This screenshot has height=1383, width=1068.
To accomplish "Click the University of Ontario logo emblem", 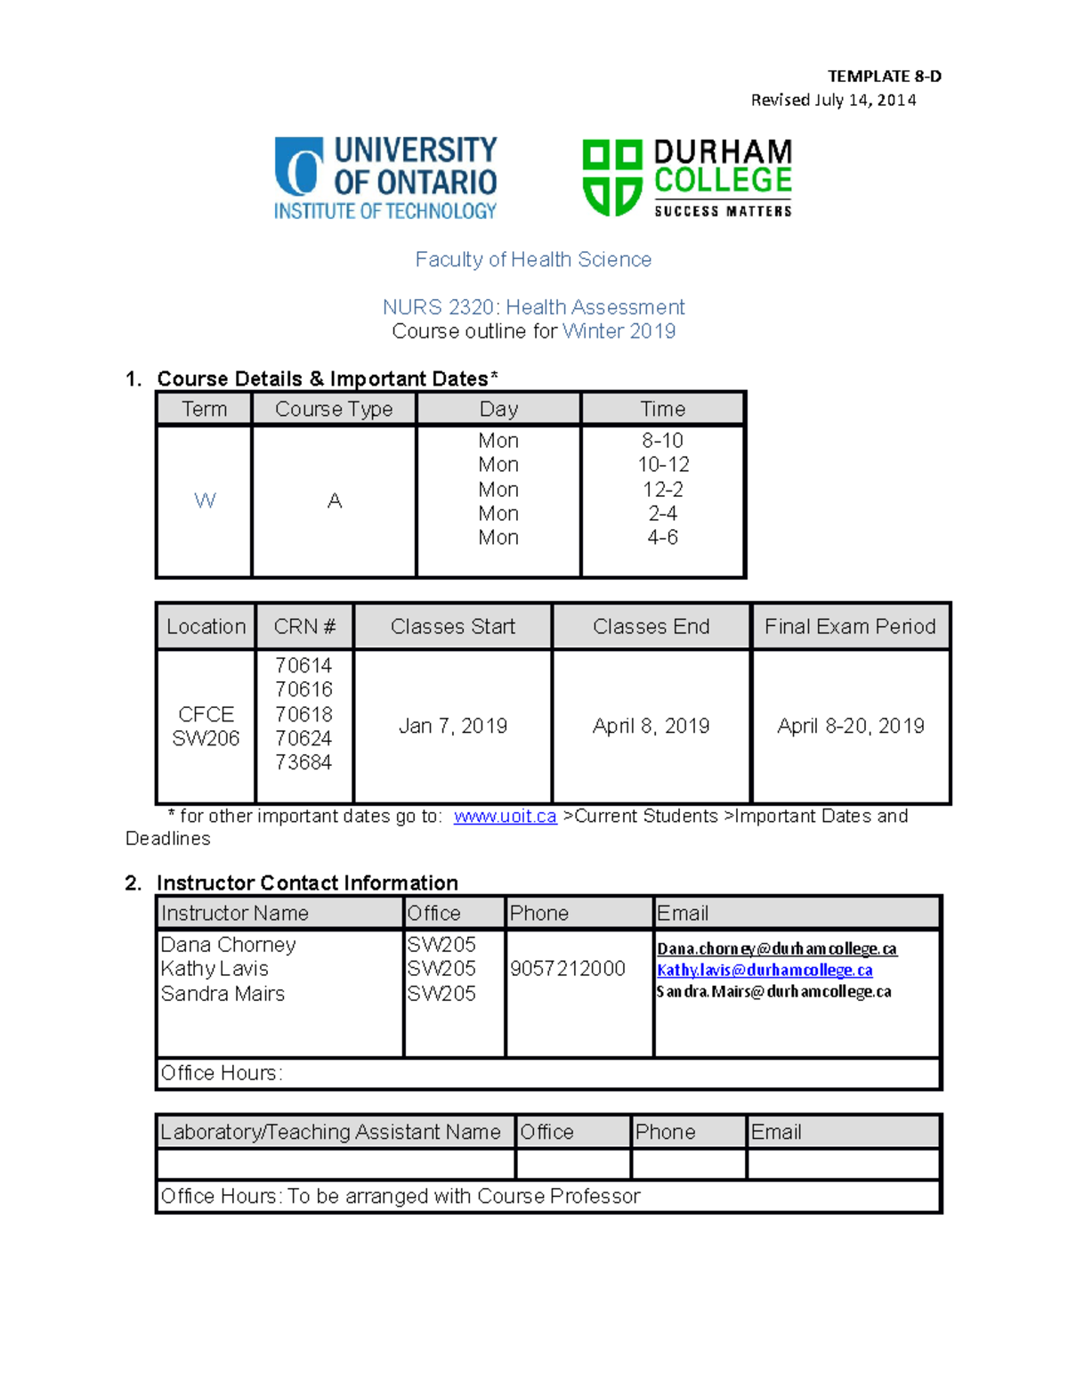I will [299, 167].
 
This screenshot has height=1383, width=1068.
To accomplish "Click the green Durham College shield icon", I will [611, 177].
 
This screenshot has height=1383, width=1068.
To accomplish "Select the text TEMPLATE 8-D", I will [884, 77].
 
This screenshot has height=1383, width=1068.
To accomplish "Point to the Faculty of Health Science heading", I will [533, 259].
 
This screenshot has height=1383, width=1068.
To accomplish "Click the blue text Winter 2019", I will [619, 331].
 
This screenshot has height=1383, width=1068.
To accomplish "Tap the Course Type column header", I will [334, 409].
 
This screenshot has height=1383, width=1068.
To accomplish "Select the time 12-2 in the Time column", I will [662, 489].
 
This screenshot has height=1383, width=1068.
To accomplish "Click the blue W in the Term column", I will [205, 500].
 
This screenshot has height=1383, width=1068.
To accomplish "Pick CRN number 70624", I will [303, 738].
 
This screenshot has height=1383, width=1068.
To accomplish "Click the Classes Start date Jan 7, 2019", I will [452, 726].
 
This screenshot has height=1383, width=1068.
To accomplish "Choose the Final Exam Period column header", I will [850, 627].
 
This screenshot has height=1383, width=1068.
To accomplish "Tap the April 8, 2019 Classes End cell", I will [651, 726].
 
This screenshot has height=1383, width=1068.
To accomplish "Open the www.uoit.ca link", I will [505, 817].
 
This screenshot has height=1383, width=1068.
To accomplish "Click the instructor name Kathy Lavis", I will [214, 969].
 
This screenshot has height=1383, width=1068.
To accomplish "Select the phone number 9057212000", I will [568, 969].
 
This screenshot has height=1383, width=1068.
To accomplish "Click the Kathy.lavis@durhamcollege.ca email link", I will [765, 971].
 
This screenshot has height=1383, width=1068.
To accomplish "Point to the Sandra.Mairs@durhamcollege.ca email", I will [773, 992].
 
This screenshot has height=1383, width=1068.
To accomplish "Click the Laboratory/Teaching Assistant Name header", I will [330, 1132].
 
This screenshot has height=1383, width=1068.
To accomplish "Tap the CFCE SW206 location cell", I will [206, 727].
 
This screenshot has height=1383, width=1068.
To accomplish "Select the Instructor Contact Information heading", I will [307, 883].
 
